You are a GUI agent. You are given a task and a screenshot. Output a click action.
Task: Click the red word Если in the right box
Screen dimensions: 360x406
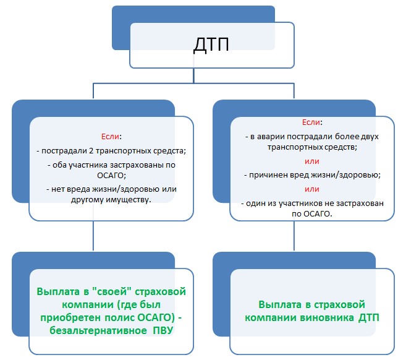click(x=311, y=122)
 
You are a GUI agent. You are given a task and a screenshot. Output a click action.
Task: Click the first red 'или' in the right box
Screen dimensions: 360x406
click(x=311, y=161)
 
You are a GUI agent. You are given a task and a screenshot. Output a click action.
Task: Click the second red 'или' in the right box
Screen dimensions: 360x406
click(x=311, y=189)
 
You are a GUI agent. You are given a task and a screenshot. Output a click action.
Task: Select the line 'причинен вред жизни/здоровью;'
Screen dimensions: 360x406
click(x=311, y=175)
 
